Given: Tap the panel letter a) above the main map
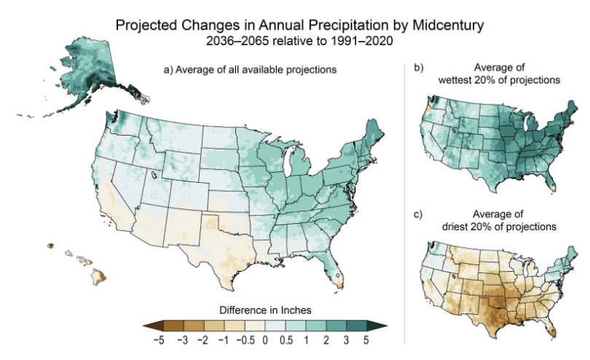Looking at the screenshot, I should tap(168, 71).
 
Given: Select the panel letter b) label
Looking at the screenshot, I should tap(419, 68).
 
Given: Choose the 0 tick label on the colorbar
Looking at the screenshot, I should tap(264, 340).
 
